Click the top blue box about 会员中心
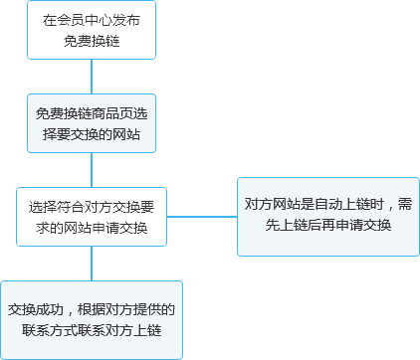click(x=92, y=30)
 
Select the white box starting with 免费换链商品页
click(x=92, y=123)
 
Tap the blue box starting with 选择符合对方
click(x=92, y=217)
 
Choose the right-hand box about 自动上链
click(x=328, y=215)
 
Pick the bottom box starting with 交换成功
click(x=92, y=319)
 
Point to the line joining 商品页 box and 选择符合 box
click(x=92, y=169)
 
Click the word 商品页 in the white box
click(x=115, y=113)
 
